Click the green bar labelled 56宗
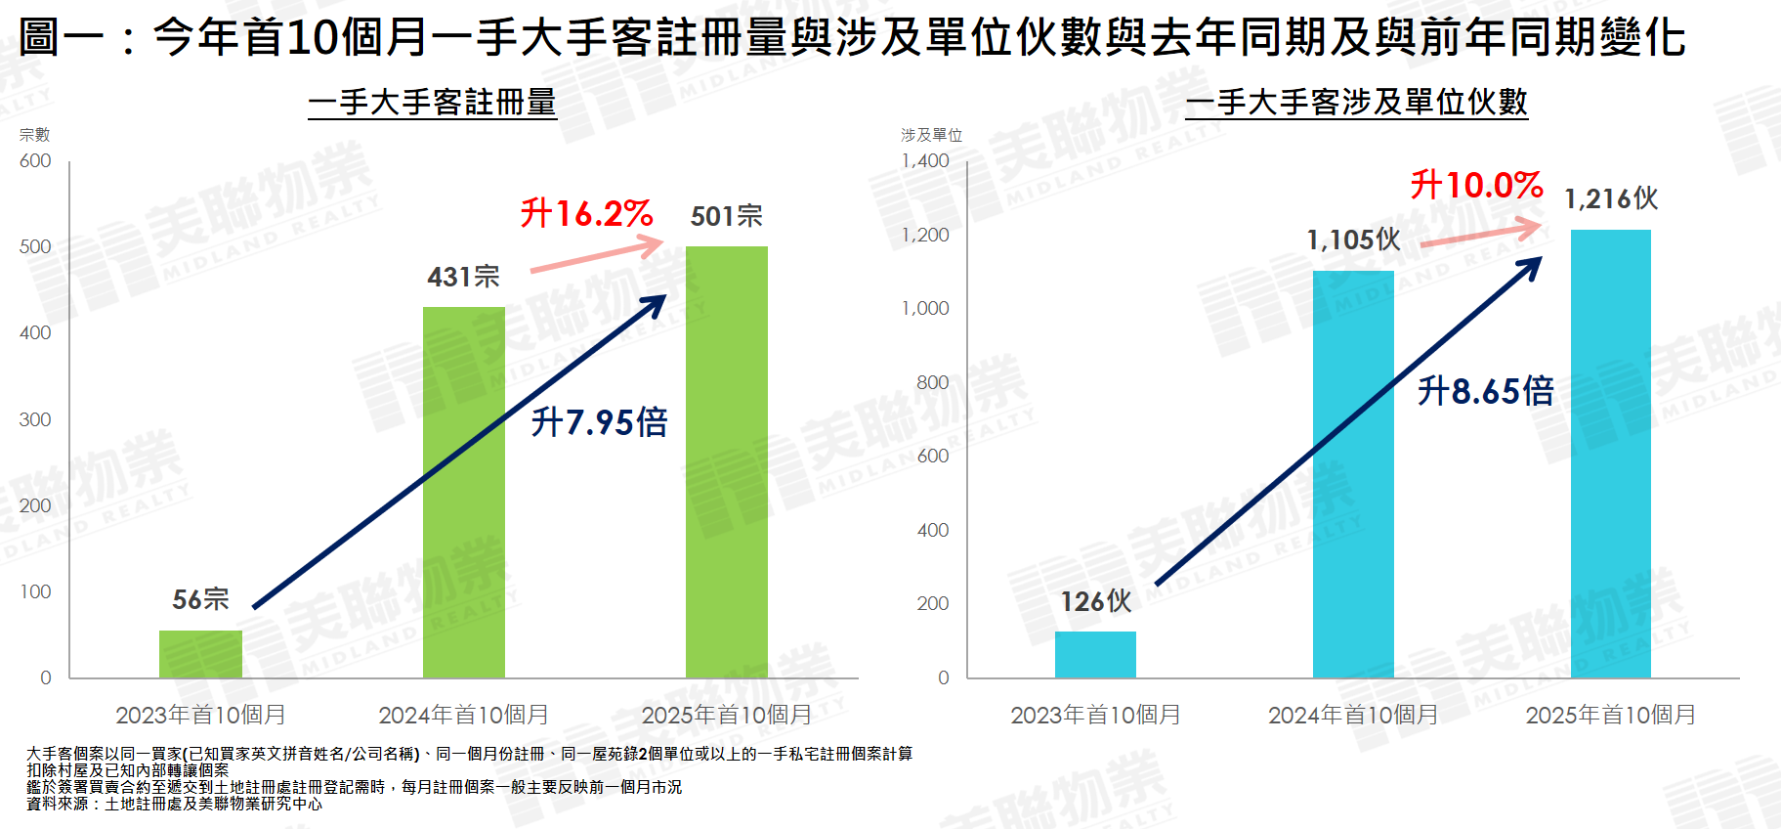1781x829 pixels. [x=200, y=654]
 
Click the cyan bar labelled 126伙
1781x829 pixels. [x=1095, y=654]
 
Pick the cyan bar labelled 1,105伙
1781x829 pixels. [x=1353, y=474]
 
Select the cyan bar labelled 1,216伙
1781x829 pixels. [x=1611, y=454]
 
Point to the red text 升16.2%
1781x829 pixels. [x=586, y=213]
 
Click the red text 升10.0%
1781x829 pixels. [x=1476, y=185]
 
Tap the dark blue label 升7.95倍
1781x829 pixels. [x=599, y=422]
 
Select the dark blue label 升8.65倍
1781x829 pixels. [x=1485, y=391]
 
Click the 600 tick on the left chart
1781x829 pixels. [x=35, y=161]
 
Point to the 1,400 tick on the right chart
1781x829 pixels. [x=924, y=161]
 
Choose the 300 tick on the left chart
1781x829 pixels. [x=35, y=419]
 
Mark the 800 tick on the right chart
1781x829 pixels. [x=932, y=382]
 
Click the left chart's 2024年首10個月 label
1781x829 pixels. [x=463, y=715]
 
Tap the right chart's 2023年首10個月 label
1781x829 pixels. [x=1095, y=715]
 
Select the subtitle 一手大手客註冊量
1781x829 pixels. [x=432, y=102]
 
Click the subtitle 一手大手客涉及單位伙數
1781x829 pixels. [x=1356, y=102]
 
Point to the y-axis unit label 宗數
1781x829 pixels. [x=34, y=135]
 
